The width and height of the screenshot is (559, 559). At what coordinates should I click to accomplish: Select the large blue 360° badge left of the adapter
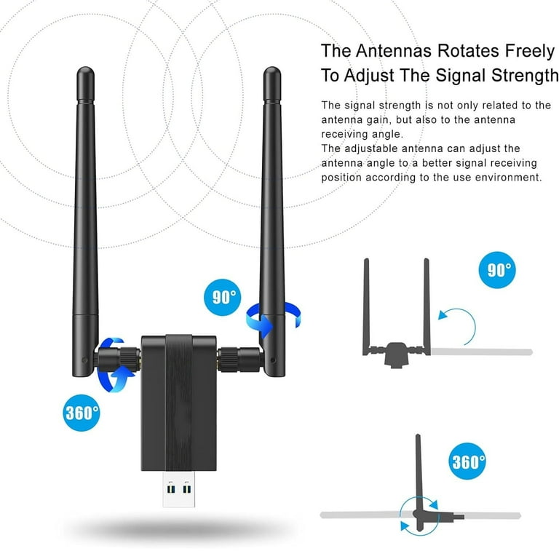click(x=82, y=413)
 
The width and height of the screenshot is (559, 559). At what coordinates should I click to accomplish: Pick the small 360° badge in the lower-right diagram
click(x=468, y=461)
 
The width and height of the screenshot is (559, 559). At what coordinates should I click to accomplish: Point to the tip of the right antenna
click(x=271, y=72)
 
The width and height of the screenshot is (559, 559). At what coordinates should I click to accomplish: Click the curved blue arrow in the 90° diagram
click(x=456, y=320)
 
